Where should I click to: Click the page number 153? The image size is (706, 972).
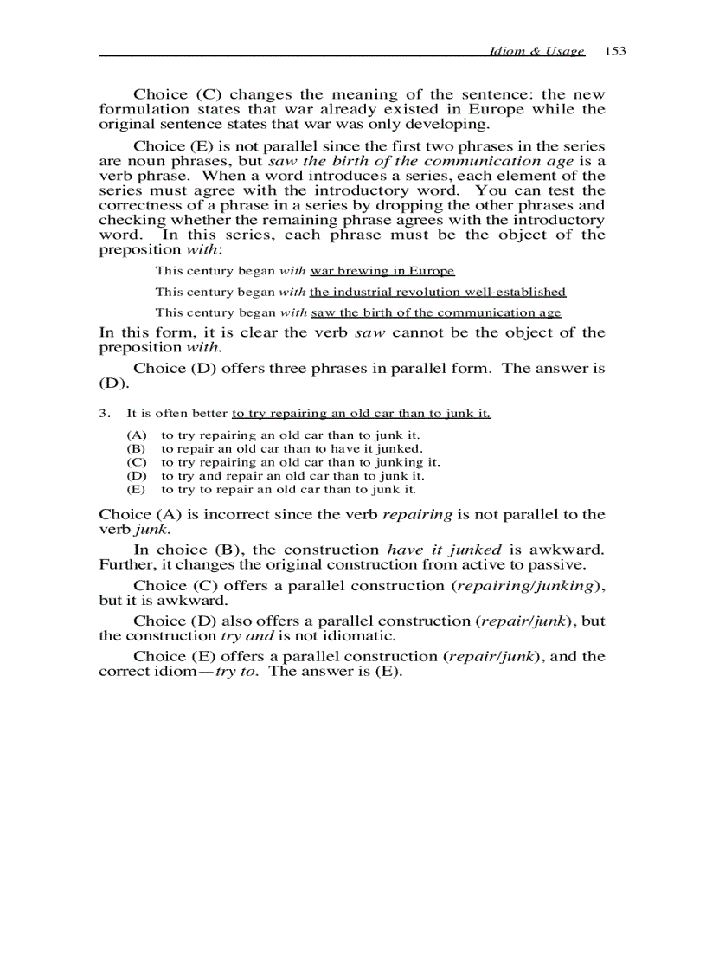(x=615, y=51)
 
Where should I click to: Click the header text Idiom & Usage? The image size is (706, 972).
(x=536, y=51)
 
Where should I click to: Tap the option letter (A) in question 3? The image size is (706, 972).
(x=136, y=435)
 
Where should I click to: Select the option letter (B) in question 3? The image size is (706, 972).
(x=136, y=449)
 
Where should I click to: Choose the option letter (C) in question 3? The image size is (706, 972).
(x=136, y=462)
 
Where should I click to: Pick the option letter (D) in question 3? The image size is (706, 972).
(x=136, y=475)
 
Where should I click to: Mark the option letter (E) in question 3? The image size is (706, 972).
(x=136, y=489)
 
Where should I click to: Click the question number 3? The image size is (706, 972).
(x=104, y=414)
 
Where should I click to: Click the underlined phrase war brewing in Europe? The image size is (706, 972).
(x=382, y=271)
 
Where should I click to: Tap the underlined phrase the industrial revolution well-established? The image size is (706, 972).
(x=438, y=292)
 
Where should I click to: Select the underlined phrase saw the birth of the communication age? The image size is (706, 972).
(x=435, y=312)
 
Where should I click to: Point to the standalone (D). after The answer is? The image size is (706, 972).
(x=114, y=383)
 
